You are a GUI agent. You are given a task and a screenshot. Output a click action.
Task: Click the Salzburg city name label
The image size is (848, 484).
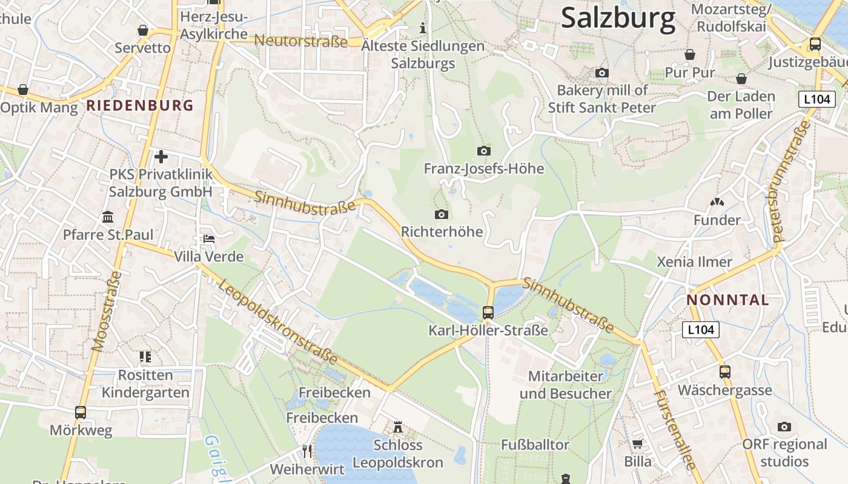click(618, 18)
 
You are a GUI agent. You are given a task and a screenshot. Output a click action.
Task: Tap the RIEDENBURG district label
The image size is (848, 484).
click(140, 105)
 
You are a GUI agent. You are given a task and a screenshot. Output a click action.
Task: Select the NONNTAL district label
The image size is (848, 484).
click(727, 300)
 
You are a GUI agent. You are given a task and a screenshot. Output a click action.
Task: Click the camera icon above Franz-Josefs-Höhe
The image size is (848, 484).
click(483, 151)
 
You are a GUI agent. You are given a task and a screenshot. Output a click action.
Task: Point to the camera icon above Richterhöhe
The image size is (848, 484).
click(442, 214)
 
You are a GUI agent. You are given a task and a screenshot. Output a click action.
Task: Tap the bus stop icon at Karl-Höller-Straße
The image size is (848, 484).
click(488, 313)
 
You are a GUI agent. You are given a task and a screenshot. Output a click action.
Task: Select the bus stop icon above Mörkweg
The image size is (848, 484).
click(81, 413)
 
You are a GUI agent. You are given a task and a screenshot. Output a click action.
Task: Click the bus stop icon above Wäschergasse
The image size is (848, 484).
click(724, 372)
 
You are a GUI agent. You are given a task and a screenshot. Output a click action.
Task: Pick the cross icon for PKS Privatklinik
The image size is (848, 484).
click(161, 157)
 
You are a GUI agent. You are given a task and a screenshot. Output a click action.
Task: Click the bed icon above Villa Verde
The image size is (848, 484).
click(208, 238)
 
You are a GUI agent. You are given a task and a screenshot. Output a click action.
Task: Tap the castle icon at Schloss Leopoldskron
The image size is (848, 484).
click(398, 427)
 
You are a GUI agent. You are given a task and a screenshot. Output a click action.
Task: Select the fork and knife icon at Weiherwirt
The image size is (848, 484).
click(307, 451)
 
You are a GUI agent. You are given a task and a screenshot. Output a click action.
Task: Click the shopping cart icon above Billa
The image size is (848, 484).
click(637, 444)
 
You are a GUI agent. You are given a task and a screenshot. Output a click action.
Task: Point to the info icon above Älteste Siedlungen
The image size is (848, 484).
click(423, 28)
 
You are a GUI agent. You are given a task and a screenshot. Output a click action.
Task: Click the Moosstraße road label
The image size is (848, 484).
click(107, 311)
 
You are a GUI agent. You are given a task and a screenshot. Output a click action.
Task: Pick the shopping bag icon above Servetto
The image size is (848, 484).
click(143, 30)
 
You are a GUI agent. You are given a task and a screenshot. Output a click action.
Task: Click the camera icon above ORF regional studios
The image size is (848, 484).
click(784, 427)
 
